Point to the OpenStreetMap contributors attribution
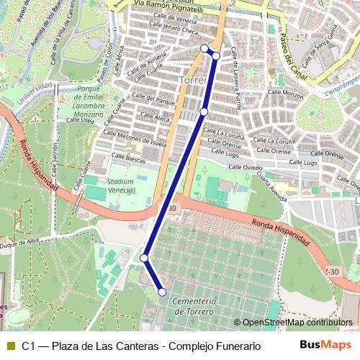pyautogui.click(x=296, y=323)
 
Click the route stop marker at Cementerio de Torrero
pyautogui.click(x=162, y=292)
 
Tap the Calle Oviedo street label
pyautogui.click(x=245, y=166)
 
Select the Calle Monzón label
pyautogui.click(x=288, y=94)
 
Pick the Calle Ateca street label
pyautogui.click(x=156, y=115)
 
